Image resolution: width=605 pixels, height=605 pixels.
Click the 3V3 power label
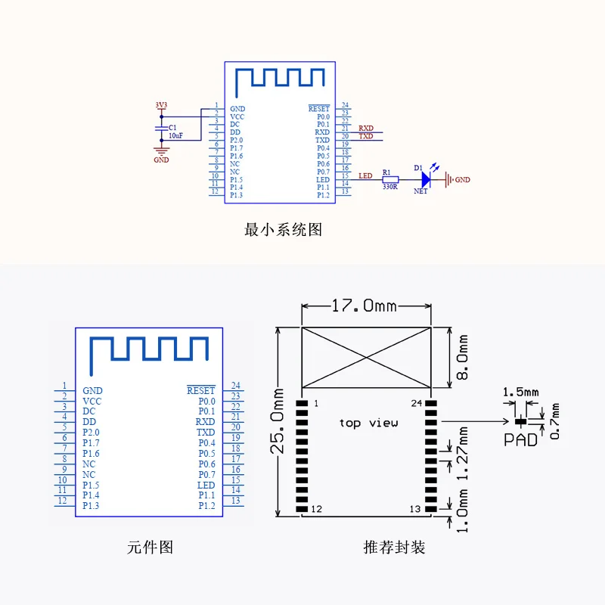point(161,105)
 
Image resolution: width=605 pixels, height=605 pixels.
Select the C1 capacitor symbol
point(161,129)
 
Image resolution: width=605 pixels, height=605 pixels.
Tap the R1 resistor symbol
point(390,179)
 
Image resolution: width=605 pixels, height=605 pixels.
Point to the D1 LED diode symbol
point(426,179)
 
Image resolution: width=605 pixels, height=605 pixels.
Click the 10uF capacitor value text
point(175,136)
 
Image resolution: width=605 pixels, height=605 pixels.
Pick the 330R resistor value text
point(390,187)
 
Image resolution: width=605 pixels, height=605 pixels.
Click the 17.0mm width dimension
point(364,306)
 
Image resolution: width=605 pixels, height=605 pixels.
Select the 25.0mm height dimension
point(278,421)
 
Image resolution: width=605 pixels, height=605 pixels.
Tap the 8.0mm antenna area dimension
point(462,357)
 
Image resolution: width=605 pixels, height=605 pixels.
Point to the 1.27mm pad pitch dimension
point(462,453)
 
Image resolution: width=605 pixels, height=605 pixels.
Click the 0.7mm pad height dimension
point(554,421)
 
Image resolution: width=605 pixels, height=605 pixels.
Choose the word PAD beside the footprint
point(520,440)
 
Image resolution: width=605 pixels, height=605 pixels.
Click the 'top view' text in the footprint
point(368,423)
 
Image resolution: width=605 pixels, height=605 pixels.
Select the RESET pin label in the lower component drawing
point(201,390)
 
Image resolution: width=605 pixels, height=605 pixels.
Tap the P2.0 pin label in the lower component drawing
point(91,432)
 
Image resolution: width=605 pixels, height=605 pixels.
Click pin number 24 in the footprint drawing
point(417,403)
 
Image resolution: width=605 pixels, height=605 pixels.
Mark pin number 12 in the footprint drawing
point(316,509)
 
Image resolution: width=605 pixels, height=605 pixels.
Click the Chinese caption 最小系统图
point(283,230)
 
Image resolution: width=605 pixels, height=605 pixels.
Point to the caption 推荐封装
point(394,547)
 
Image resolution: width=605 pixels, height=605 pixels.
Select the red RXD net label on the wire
point(366,128)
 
